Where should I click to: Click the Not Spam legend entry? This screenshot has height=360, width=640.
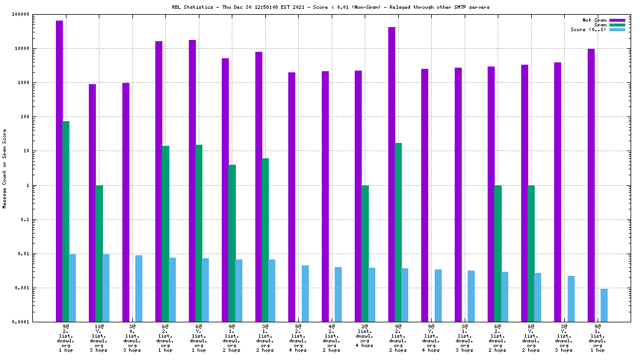(594, 20)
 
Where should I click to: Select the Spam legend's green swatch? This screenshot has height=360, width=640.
(617, 25)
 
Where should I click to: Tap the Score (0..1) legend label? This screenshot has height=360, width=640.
(588, 29)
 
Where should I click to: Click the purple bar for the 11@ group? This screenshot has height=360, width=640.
(92, 203)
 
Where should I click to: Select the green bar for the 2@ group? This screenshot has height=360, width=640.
(365, 254)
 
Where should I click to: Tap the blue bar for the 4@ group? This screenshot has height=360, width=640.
(338, 294)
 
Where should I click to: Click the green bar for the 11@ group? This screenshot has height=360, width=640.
(99, 254)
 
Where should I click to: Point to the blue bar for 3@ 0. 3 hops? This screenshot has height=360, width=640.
(139, 288)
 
